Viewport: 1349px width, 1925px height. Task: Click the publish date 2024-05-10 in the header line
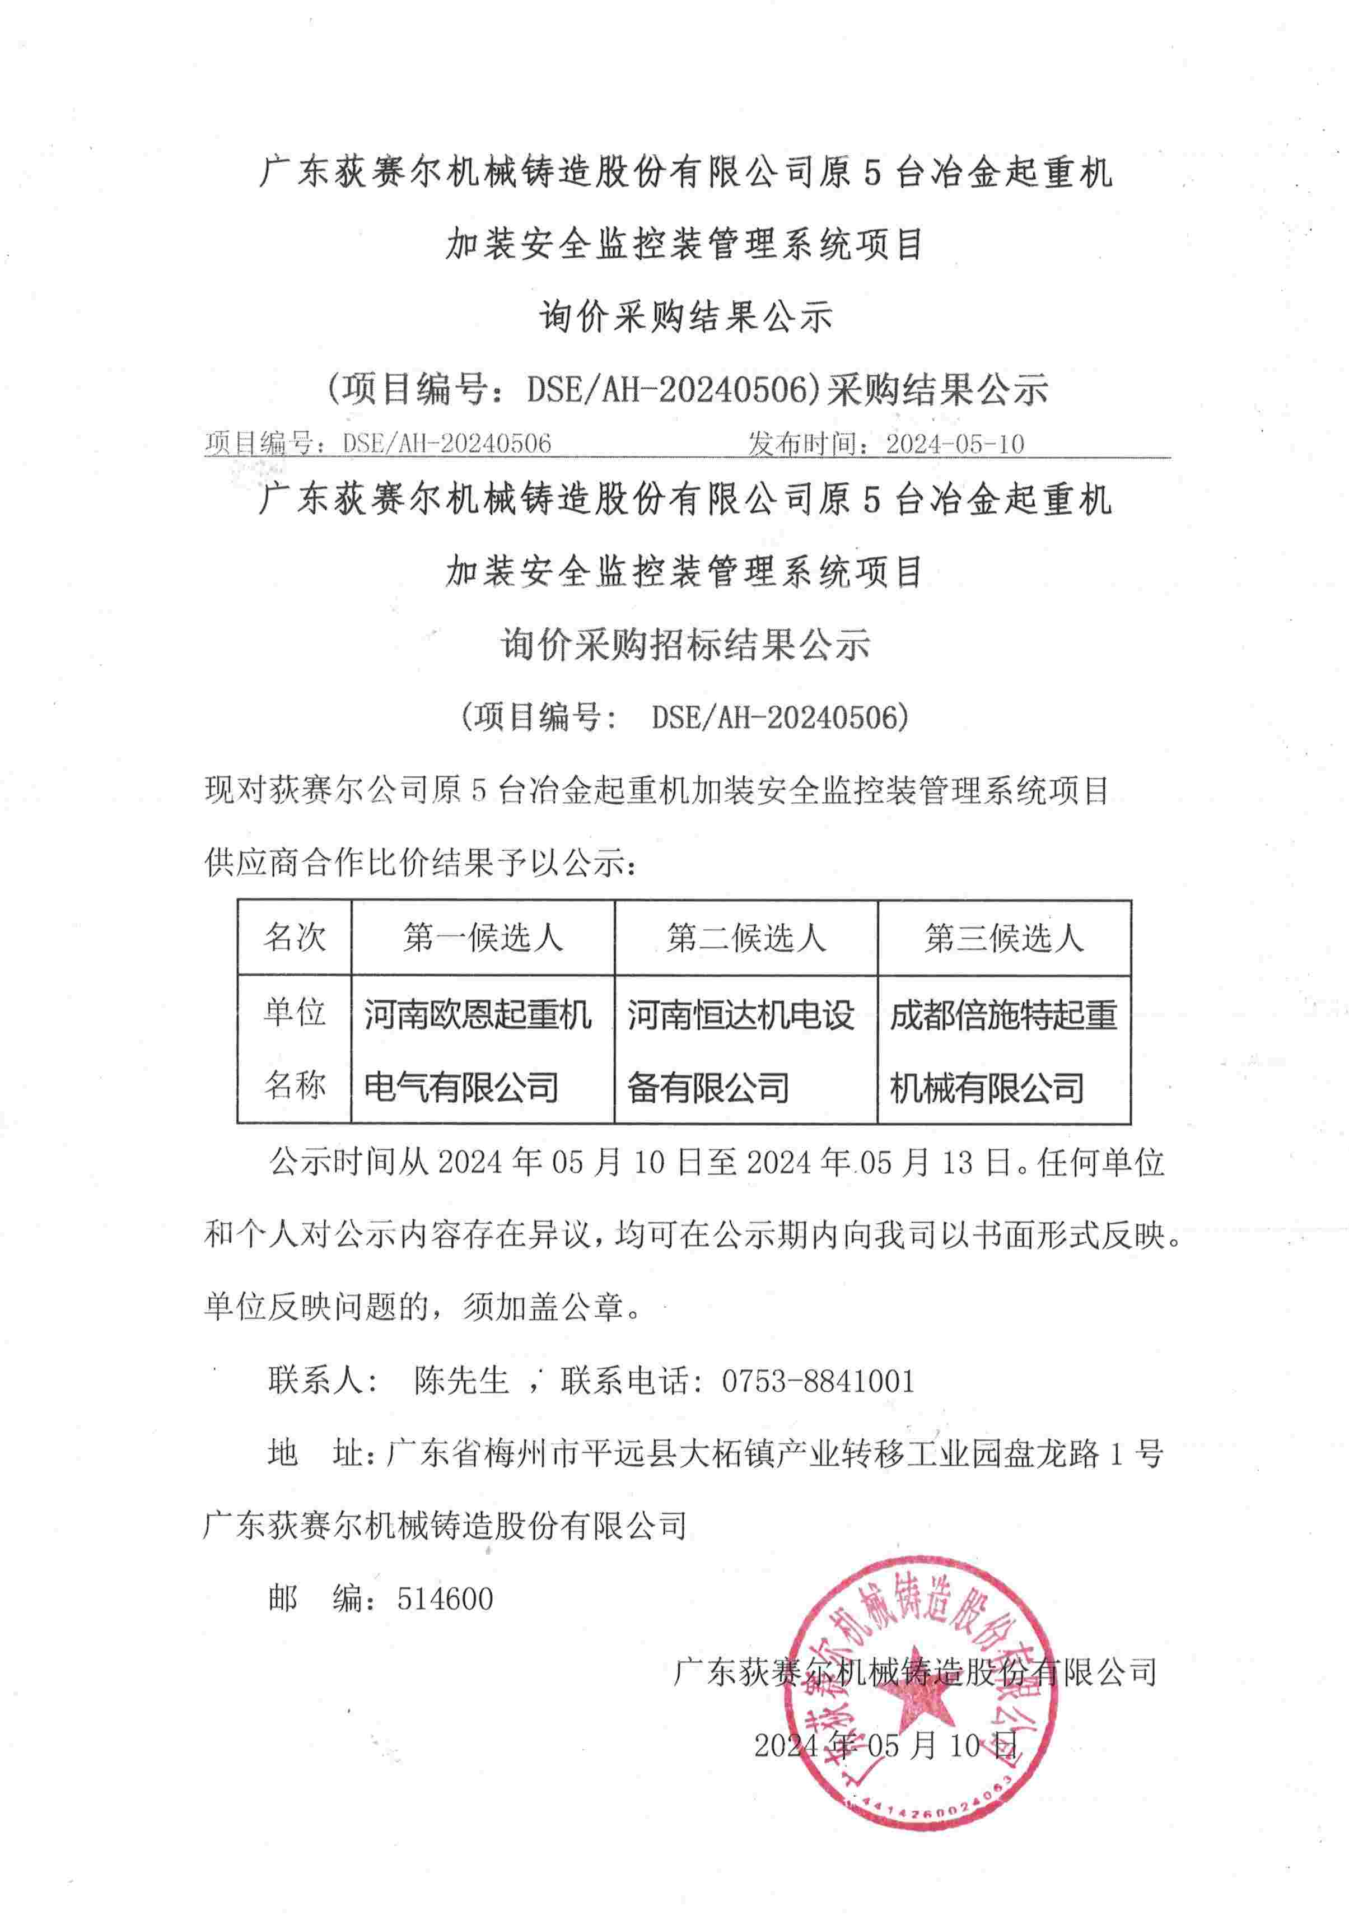(954, 444)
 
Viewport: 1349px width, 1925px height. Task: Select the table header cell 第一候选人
(482, 938)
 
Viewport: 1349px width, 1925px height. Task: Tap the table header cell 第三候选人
(1003, 938)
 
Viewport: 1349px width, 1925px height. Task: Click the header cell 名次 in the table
(295, 938)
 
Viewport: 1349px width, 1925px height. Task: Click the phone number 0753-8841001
(818, 1381)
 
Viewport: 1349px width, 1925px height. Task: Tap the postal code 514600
(445, 1599)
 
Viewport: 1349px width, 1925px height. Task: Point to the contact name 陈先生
(461, 1381)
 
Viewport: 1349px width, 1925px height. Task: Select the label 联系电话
(624, 1381)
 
